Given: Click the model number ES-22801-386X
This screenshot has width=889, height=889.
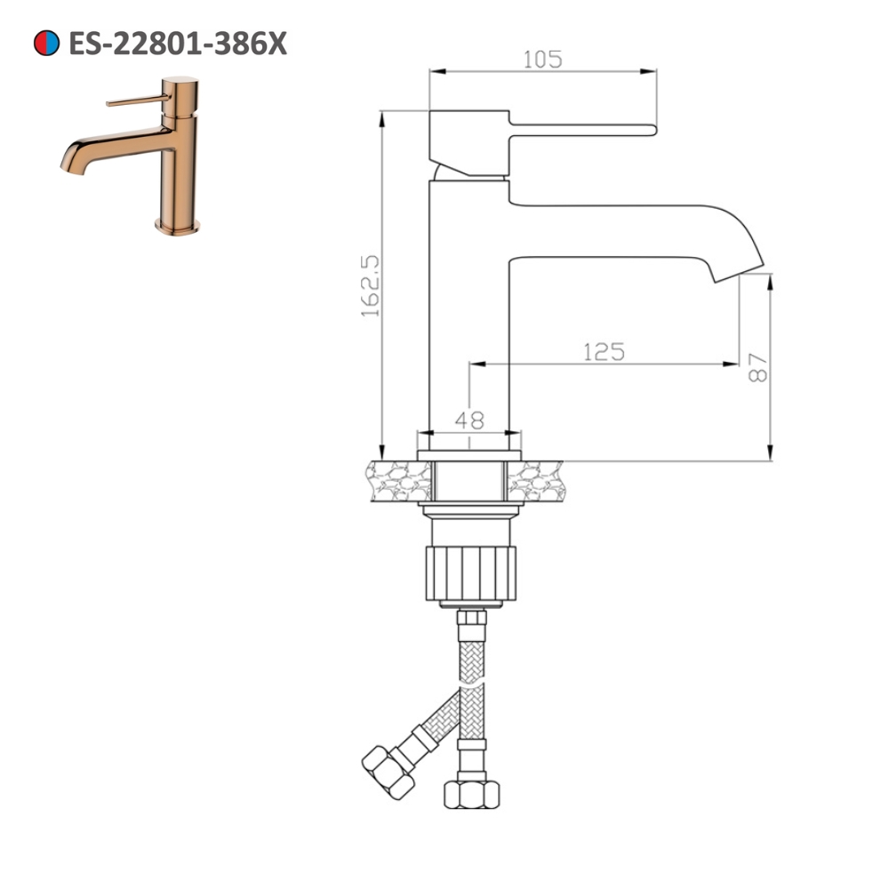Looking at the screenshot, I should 178,43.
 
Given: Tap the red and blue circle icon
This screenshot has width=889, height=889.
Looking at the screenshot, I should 46,43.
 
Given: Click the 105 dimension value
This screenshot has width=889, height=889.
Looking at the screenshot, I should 542,59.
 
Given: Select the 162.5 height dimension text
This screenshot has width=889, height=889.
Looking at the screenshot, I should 370,284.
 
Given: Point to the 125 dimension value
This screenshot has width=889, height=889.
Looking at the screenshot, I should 604,352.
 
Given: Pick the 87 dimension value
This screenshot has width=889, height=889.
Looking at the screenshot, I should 757,366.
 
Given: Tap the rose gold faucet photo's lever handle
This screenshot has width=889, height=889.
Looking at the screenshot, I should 133,101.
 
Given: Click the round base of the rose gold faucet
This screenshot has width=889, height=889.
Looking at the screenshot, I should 178,226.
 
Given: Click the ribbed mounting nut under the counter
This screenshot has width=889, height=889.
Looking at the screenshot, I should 470,573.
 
